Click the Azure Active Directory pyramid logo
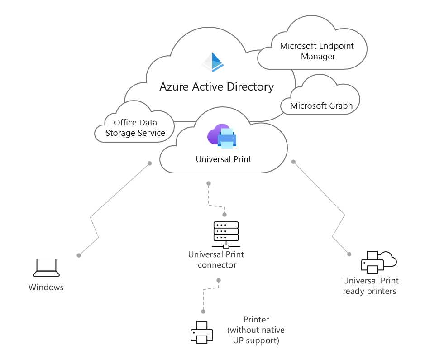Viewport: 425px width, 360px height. tap(213, 62)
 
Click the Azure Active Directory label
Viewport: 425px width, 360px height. tap(216, 87)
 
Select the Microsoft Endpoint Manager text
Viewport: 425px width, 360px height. tap(317, 51)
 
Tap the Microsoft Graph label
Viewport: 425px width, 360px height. tap(321, 106)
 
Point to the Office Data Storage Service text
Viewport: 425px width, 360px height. tap(135, 128)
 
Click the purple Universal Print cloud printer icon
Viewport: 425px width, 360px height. tap(222, 136)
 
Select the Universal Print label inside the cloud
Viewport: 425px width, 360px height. tap(223, 159)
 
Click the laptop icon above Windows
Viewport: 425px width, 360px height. tap(46, 268)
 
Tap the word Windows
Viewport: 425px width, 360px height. tap(46, 287)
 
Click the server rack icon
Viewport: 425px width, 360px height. tap(226, 235)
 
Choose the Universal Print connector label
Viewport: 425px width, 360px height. tap(216, 260)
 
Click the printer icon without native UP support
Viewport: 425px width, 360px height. tap(202, 332)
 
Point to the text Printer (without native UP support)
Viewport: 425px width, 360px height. tap(256, 330)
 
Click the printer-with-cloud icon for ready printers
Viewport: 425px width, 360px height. tap(379, 262)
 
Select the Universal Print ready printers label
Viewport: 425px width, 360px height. tap(371, 286)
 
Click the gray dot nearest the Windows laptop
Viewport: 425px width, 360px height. tap(79, 255)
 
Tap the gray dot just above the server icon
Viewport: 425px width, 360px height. tap(224, 215)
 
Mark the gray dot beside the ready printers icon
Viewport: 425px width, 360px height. tap(349, 254)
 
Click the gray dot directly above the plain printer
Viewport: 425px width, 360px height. tap(203, 312)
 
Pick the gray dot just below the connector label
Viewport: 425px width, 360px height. tap(219, 280)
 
